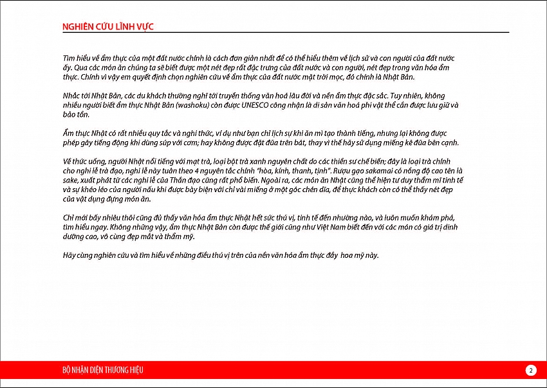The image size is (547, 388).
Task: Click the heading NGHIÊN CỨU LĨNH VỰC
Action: pyautogui.click(x=107, y=26)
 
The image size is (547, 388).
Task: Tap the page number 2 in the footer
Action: pyautogui.click(x=530, y=370)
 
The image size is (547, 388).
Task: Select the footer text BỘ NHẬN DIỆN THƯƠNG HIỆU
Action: pyautogui.click(x=102, y=370)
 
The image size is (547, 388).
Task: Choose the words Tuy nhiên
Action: pyautogui.click(x=404, y=95)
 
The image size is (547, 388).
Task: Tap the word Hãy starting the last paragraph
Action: pyautogui.click(x=69, y=255)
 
